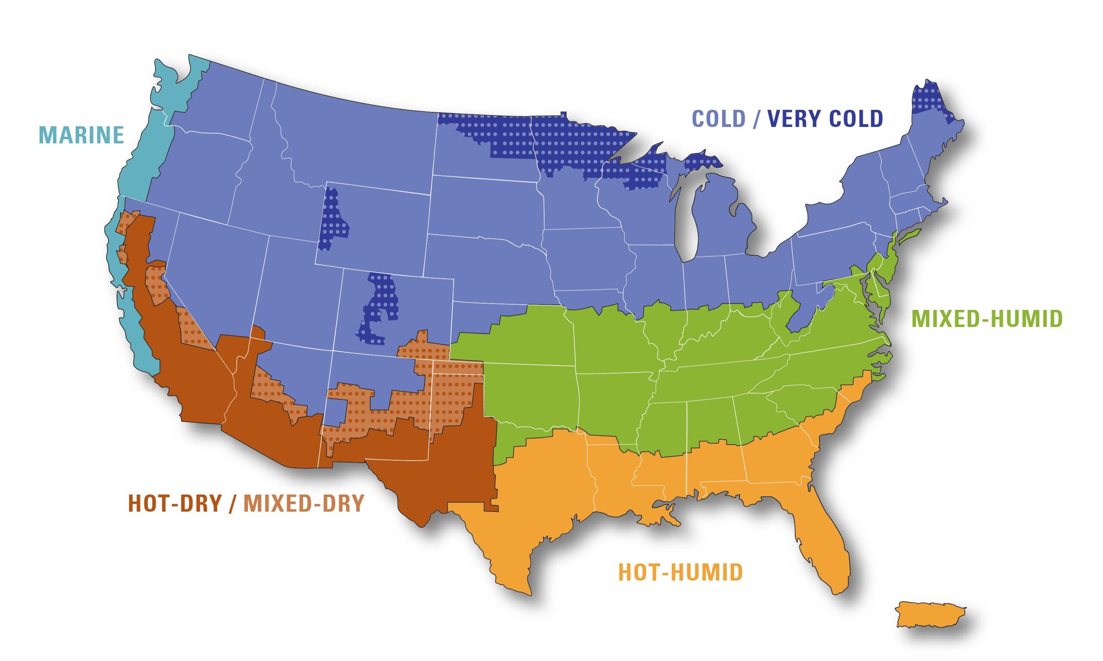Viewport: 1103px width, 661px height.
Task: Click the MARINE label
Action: pyautogui.click(x=81, y=135)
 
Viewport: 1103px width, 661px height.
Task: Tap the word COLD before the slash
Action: pyautogui.click(x=718, y=118)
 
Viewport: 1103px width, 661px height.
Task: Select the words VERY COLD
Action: pyautogui.click(x=825, y=118)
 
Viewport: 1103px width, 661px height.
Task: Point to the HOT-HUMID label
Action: pyautogui.click(x=680, y=572)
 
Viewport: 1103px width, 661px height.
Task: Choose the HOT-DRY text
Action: pyautogui.click(x=175, y=504)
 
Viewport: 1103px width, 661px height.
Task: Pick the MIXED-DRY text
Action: pyautogui.click(x=304, y=504)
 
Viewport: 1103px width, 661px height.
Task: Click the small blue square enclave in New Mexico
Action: pyautogui.click(x=336, y=412)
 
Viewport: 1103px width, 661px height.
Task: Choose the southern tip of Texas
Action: pyautogui.click(x=522, y=588)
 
